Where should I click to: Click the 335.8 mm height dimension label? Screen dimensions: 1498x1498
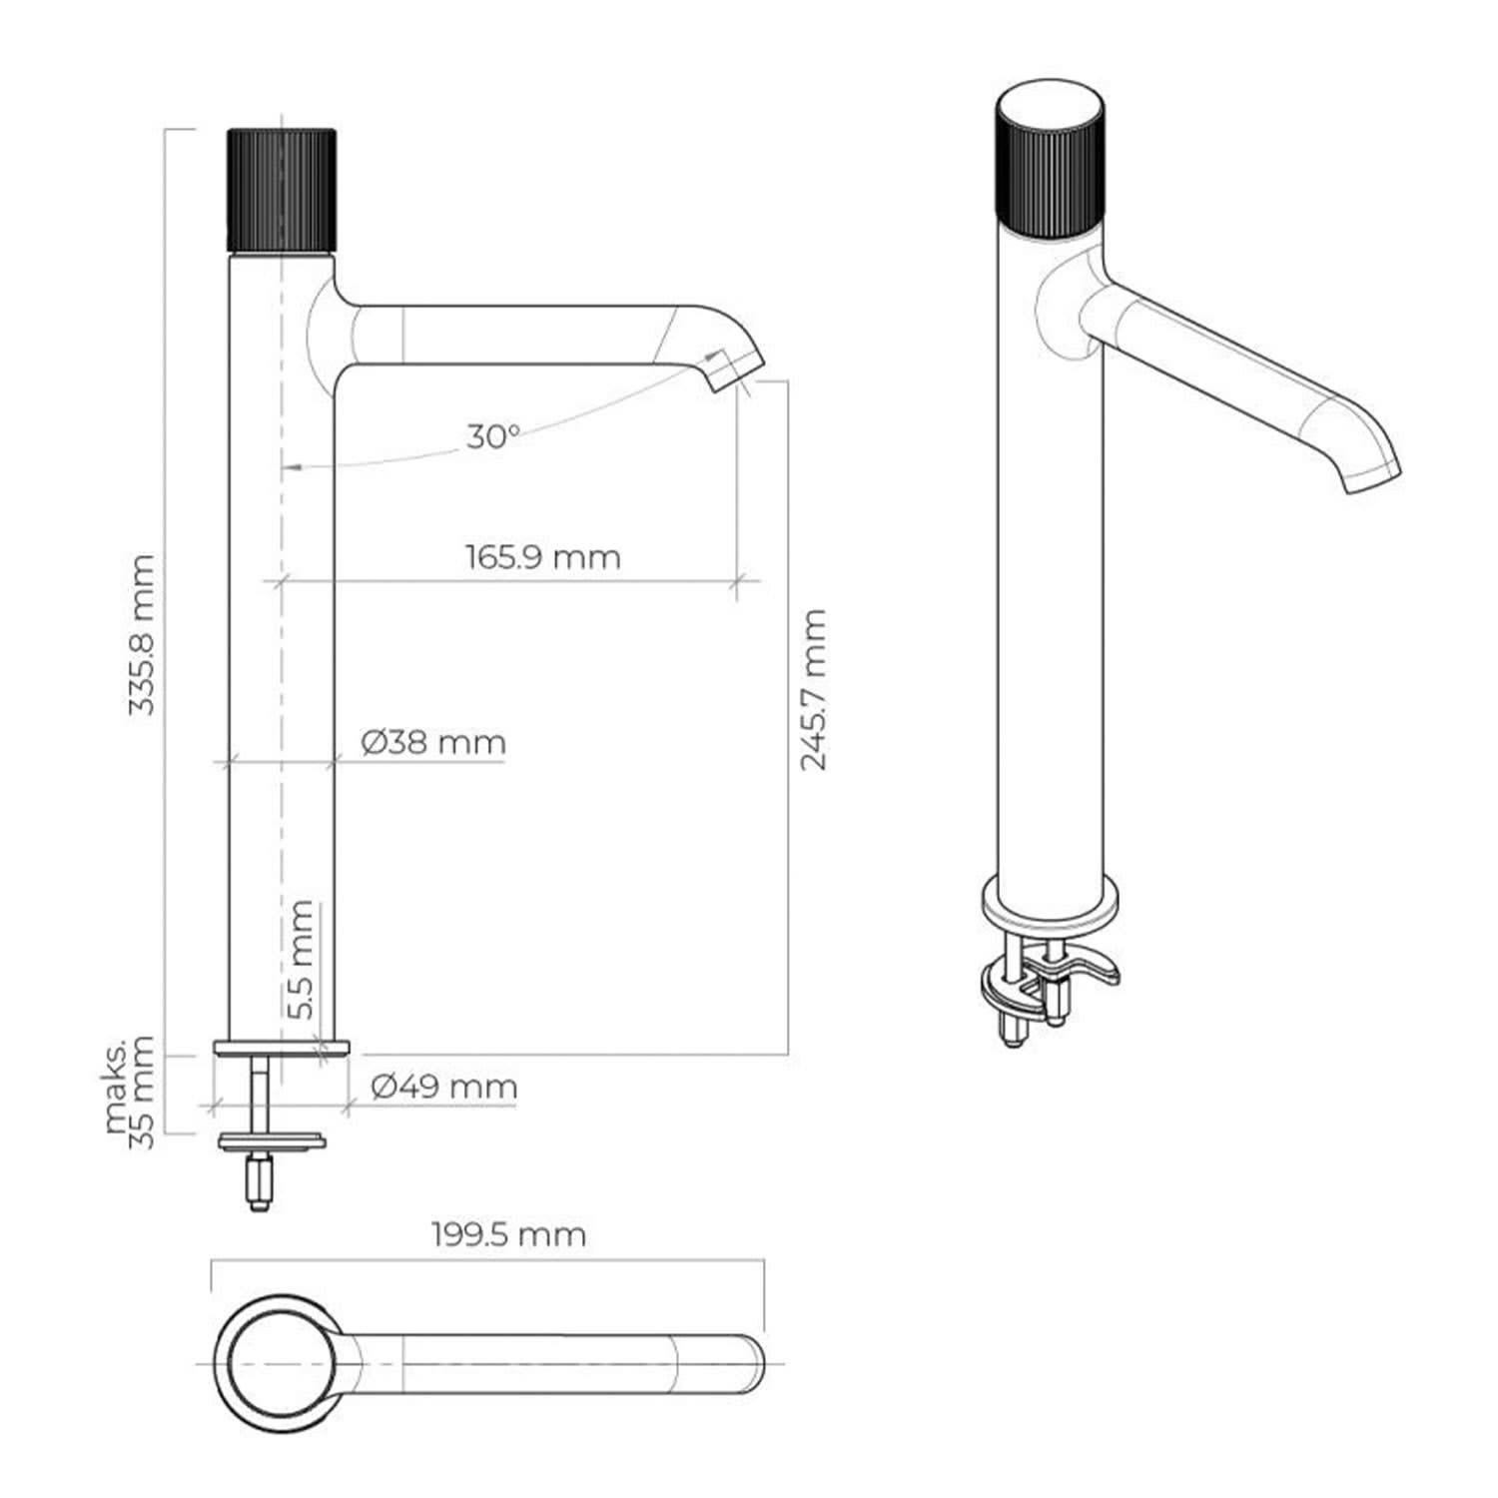pyautogui.click(x=143, y=634)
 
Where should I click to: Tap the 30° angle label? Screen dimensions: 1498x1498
pyautogui.click(x=493, y=436)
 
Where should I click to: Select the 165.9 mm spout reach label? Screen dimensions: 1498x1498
pyautogui.click(x=542, y=556)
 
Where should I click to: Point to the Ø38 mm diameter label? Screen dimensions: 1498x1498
pyautogui.click(x=433, y=742)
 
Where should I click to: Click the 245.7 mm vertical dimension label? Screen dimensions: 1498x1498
pyautogui.click(x=814, y=689)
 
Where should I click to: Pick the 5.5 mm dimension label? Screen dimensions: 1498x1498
pyautogui.click(x=301, y=960)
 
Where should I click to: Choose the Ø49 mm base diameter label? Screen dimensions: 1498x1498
pyautogui.click(x=444, y=1086)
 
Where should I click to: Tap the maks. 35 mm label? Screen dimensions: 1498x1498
pyautogui.click(x=131, y=1093)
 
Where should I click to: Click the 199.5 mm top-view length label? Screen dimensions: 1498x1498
pyautogui.click(x=509, y=1234)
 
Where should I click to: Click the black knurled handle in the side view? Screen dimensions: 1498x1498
pyautogui.click(x=282, y=191)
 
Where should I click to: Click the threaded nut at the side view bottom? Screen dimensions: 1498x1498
pyautogui.click(x=260, y=1183)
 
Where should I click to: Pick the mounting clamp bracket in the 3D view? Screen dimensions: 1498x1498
pyautogui.click(x=1049, y=984)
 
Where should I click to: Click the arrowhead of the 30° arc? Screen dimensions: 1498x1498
pyautogui.click(x=290, y=466)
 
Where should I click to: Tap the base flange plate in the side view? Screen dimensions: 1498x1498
pyautogui.click(x=282, y=1047)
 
